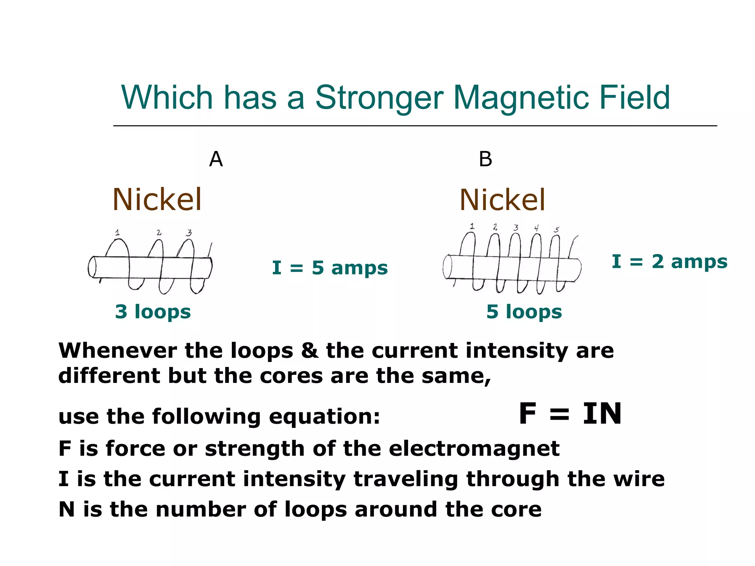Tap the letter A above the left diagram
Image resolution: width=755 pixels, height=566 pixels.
[x=216, y=160]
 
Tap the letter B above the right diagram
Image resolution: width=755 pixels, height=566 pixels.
[x=486, y=160]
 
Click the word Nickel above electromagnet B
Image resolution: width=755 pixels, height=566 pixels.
[x=502, y=200]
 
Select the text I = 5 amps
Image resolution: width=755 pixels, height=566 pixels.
[x=330, y=268]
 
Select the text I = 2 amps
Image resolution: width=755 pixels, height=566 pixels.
[x=669, y=262]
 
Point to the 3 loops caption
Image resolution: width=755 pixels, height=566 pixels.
[x=153, y=312]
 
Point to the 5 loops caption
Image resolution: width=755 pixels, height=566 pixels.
[x=524, y=312]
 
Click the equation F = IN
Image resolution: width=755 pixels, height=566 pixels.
[x=570, y=414]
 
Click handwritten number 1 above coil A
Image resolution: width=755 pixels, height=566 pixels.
[x=117, y=233]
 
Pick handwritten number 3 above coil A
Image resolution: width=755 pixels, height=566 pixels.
[x=189, y=233]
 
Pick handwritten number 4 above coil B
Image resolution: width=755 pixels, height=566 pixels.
[x=536, y=228]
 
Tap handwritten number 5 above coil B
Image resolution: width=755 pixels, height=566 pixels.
[x=557, y=230]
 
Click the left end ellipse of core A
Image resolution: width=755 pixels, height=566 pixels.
[x=92, y=267]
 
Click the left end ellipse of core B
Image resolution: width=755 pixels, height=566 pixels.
[x=448, y=267]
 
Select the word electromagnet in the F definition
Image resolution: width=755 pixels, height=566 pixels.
[x=474, y=449]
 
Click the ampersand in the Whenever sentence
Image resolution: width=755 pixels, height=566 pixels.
[x=310, y=350]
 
